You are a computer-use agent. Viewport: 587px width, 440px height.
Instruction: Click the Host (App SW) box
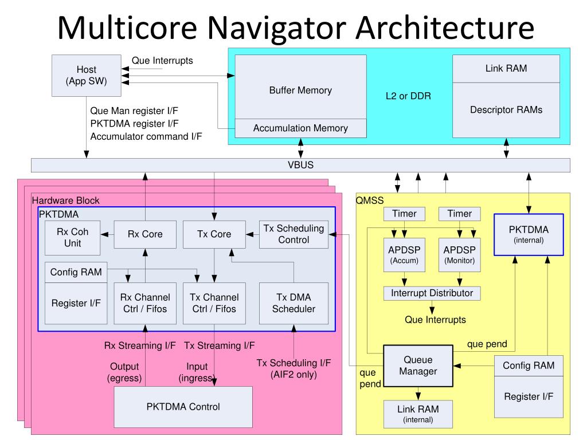[x=87, y=76]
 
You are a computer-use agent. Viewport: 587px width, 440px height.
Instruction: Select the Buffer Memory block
[x=300, y=87]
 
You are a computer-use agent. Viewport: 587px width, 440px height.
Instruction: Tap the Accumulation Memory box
[x=300, y=128]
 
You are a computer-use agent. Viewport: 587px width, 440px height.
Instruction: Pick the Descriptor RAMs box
[x=506, y=110]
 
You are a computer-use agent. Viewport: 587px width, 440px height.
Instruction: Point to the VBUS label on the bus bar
[x=300, y=165]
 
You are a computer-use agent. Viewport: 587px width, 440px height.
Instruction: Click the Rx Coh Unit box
[x=73, y=238]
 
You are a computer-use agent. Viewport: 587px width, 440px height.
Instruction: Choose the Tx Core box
[x=214, y=234]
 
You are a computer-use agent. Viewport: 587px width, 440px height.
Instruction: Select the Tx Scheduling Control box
[x=293, y=234]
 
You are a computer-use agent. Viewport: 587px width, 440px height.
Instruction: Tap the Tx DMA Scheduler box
[x=293, y=303]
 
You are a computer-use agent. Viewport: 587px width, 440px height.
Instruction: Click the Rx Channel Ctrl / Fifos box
[x=145, y=303]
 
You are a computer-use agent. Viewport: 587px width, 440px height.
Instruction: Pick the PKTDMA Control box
[x=183, y=407]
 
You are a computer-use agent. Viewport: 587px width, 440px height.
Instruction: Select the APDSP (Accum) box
[x=404, y=255]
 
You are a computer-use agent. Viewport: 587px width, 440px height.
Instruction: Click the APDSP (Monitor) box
[x=459, y=255]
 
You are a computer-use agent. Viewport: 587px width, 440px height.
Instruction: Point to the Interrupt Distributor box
[x=432, y=293]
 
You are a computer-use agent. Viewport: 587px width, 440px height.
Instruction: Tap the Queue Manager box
[x=418, y=366]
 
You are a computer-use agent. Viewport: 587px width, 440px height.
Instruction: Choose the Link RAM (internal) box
[x=418, y=414]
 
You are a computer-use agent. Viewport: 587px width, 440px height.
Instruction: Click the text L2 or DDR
[x=408, y=96]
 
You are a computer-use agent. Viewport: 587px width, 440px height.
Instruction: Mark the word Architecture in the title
[x=445, y=27]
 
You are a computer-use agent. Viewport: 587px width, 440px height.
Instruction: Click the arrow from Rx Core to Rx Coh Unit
[x=107, y=234]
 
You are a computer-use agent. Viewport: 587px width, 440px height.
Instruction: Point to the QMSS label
[x=370, y=201]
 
